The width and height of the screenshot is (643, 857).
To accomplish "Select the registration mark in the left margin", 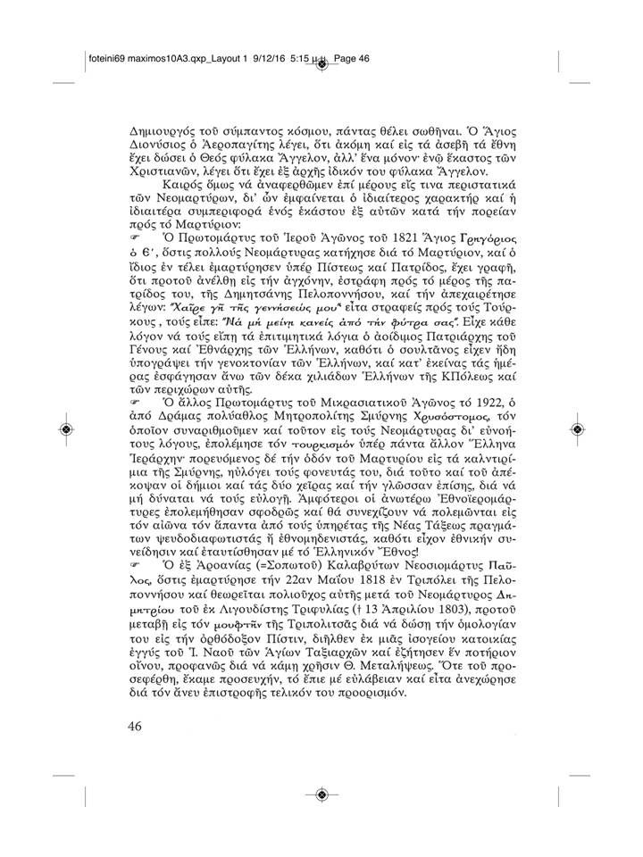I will [67, 429].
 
